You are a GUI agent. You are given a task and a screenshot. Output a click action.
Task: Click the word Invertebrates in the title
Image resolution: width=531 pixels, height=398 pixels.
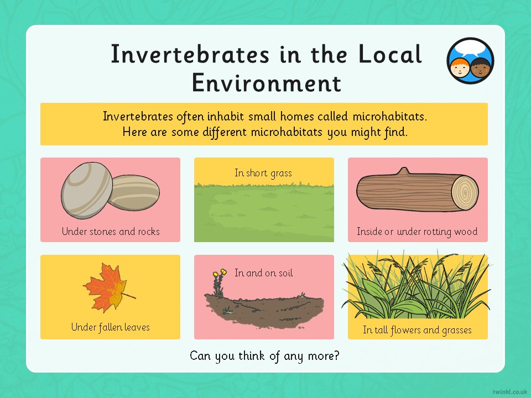pyautogui.click(x=190, y=54)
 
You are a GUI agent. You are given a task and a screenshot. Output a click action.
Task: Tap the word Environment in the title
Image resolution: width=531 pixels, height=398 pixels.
pyautogui.click(x=267, y=83)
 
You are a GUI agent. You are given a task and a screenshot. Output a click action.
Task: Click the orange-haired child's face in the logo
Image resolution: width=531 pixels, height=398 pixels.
pyautogui.click(x=460, y=67)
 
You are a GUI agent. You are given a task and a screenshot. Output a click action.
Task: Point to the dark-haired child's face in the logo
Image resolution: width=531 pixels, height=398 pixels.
pyautogui.click(x=480, y=67)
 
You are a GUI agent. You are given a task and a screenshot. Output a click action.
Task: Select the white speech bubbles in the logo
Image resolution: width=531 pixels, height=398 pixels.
pyautogui.click(x=471, y=49)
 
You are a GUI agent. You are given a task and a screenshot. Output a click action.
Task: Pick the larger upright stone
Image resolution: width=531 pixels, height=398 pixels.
pyautogui.click(x=86, y=190)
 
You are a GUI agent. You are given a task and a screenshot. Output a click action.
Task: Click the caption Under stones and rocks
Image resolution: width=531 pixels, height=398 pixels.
pyautogui.click(x=111, y=232)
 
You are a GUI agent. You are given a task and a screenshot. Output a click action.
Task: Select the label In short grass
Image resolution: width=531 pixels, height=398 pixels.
pyautogui.click(x=263, y=173)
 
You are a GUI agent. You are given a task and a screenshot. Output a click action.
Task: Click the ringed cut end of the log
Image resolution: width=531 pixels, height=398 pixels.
pyautogui.click(x=465, y=193)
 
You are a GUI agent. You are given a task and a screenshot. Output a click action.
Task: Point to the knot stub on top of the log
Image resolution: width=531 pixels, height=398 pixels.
pyautogui.click(x=404, y=171)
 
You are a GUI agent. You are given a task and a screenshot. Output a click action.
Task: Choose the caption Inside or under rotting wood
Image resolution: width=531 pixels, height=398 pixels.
pyautogui.click(x=417, y=232)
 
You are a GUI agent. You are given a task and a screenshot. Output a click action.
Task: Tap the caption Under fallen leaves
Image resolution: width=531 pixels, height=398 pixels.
pyautogui.click(x=111, y=327)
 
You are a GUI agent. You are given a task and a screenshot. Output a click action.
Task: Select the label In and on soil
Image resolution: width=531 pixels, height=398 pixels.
pyautogui.click(x=263, y=273)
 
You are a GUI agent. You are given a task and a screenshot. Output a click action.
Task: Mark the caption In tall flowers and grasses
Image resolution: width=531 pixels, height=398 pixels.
pyautogui.click(x=417, y=329)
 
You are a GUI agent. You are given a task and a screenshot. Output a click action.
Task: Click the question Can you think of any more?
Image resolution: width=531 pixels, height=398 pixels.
pyautogui.click(x=264, y=356)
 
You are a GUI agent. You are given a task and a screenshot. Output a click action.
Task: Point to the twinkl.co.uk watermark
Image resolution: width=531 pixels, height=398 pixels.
pyautogui.click(x=510, y=392)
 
